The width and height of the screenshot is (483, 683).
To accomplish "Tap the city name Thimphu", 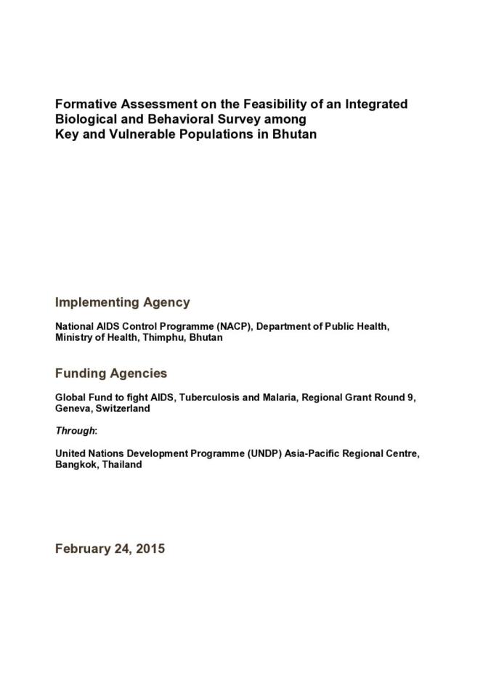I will coord(164,337).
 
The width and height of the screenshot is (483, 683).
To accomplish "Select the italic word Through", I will coord(76,431).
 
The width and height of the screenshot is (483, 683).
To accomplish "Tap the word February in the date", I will coord(81,549).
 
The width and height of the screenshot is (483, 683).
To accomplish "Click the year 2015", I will coord(149,549).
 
